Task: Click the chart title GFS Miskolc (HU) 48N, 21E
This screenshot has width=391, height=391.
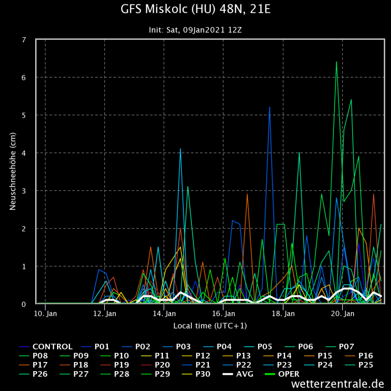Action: click(195, 10)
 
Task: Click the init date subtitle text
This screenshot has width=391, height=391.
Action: click(195, 30)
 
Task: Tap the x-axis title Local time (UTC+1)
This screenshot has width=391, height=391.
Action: click(210, 325)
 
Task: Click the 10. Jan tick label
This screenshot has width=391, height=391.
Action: click(45, 314)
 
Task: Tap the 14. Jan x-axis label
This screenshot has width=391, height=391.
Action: click(164, 314)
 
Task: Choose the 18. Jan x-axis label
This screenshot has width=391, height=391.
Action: click(283, 314)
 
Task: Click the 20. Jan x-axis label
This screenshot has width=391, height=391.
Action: click(343, 314)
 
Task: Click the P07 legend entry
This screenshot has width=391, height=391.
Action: click(365, 347)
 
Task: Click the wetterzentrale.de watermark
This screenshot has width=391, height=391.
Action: click(338, 384)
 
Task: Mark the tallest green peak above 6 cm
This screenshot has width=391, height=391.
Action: click(336, 62)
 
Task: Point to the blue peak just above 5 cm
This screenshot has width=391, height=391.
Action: click(269, 107)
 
